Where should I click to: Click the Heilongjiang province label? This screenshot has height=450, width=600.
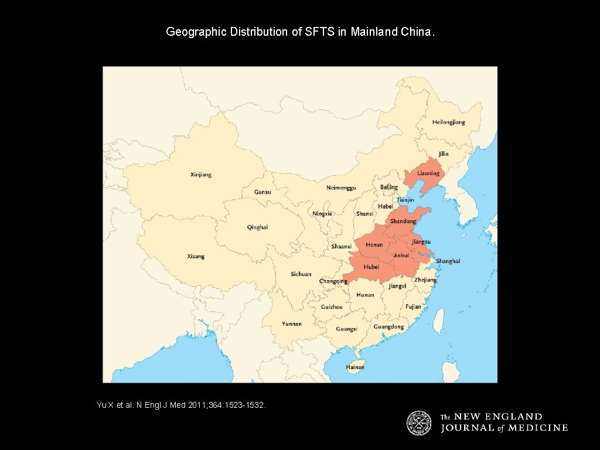click(x=448, y=122)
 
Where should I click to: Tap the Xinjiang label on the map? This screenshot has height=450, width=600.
click(x=201, y=175)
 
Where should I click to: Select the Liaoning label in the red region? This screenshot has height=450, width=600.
click(x=428, y=173)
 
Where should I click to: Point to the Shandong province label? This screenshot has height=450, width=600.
click(x=403, y=221)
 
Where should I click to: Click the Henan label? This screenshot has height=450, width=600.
click(x=374, y=245)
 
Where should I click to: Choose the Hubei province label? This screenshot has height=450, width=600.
click(x=371, y=267)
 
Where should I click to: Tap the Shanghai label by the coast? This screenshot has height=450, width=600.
click(x=448, y=261)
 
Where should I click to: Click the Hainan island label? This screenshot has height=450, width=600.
click(x=354, y=367)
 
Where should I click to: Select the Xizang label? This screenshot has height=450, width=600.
click(x=196, y=257)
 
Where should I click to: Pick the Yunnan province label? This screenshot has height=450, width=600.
click(x=292, y=323)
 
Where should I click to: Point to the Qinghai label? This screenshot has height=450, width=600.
click(x=257, y=227)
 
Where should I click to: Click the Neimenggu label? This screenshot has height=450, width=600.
click(x=341, y=188)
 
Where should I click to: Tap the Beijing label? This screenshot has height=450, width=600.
click(x=388, y=187)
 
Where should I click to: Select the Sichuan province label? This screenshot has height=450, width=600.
click(x=301, y=274)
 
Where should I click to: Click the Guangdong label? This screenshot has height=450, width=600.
click(x=388, y=326)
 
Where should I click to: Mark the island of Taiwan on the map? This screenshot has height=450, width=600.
click(x=438, y=321)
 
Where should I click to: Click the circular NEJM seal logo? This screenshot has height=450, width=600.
click(x=419, y=422)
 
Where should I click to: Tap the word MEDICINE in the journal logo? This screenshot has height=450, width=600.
click(x=537, y=428)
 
